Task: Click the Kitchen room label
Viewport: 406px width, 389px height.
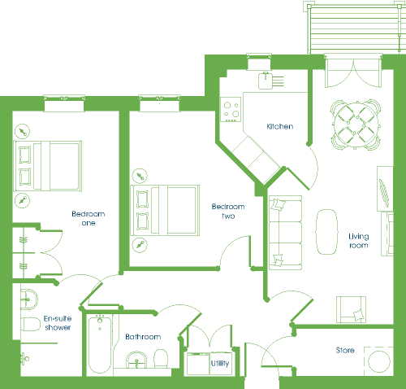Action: [280, 126]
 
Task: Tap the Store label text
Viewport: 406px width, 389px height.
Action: [345, 350]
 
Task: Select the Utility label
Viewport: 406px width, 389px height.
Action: [220, 363]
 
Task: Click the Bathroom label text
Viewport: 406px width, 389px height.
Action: [143, 337]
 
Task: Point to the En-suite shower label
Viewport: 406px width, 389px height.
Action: [58, 323]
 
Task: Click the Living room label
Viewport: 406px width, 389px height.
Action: [359, 241]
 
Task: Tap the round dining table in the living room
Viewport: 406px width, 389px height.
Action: [356, 125]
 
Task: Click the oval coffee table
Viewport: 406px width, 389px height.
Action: [327, 232]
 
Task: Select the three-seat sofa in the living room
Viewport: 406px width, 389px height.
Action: [286, 233]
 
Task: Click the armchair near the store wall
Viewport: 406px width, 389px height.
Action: [351, 309]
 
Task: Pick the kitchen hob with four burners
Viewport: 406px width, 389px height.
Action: [231, 109]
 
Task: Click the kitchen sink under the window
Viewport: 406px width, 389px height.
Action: [266, 81]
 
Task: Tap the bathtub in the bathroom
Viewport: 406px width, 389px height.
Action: [100, 344]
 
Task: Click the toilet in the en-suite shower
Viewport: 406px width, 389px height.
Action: [31, 324]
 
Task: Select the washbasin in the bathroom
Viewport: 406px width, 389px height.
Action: [136, 360]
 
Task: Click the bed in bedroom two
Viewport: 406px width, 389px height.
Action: [165, 210]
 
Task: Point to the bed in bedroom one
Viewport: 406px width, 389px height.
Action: [48, 166]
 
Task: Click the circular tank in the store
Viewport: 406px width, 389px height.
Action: [379, 361]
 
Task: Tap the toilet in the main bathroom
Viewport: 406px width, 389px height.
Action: [161, 359]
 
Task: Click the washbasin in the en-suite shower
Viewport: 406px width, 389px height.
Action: [29, 299]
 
